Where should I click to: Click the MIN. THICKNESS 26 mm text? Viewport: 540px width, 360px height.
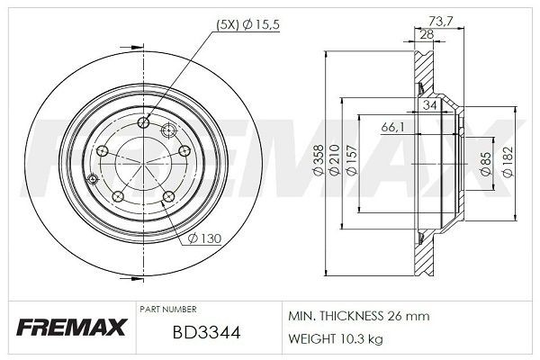coord(358,316)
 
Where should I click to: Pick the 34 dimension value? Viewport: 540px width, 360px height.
coord(430,105)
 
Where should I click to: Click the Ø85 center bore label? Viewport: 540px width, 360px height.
coord(484,163)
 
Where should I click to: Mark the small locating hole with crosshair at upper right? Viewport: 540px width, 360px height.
coord(167,132)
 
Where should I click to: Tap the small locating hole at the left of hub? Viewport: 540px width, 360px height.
coord(94,180)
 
